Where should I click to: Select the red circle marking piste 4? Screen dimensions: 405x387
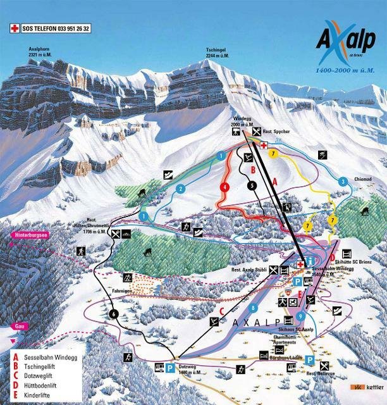224,187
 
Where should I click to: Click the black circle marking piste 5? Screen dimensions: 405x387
252,186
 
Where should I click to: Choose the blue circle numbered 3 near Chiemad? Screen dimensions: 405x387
343,182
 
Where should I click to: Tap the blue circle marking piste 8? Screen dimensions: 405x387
254,308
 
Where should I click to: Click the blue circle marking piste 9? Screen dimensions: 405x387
301,316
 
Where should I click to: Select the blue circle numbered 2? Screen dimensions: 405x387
180,189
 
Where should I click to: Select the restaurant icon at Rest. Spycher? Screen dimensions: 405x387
256,132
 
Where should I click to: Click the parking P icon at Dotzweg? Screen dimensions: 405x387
171,368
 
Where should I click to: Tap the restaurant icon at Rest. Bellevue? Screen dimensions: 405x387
325,366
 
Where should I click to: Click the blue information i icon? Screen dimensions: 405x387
310,263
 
